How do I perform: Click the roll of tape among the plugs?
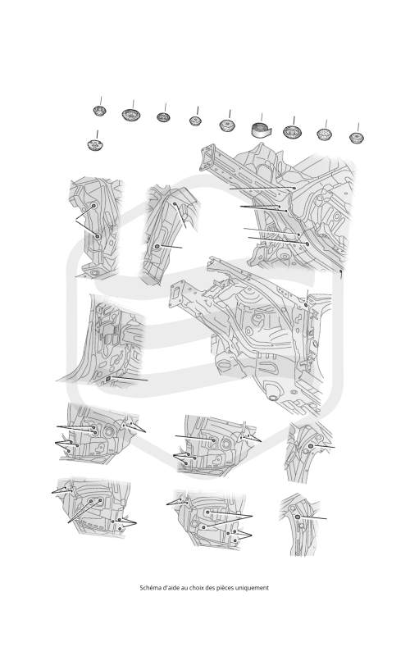(x=262, y=130)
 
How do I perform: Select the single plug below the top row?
(x=95, y=145)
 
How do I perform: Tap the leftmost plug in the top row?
(x=99, y=111)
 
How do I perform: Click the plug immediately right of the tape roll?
(x=293, y=132)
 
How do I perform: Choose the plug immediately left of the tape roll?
(x=227, y=125)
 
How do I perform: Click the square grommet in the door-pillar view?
(x=107, y=379)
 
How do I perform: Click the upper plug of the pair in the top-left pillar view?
(x=93, y=206)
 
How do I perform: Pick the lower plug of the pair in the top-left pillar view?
(x=98, y=236)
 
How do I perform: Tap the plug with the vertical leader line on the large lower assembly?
(x=306, y=305)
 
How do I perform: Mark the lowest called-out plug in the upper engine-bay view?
(x=307, y=244)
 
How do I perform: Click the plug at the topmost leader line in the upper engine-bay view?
(x=294, y=189)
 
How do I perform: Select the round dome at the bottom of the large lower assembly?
(x=273, y=396)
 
